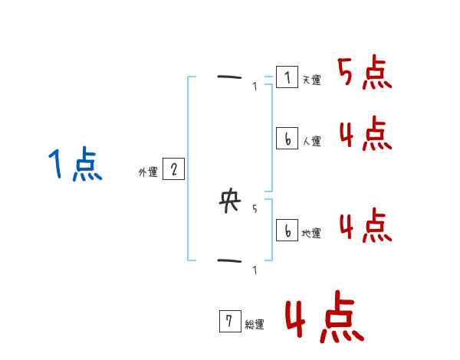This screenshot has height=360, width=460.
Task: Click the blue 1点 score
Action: click(75, 165)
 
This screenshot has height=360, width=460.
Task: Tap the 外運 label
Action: click(148, 172)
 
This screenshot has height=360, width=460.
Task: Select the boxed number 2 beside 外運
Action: click(173, 169)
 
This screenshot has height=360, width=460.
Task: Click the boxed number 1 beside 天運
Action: click(287, 77)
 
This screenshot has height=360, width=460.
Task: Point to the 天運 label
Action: click(311, 80)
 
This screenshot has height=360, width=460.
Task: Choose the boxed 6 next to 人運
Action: click(287, 139)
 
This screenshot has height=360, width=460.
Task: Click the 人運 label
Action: click(311, 141)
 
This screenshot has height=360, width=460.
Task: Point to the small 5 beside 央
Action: click(255, 208)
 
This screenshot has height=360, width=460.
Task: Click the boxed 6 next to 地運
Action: click(287, 230)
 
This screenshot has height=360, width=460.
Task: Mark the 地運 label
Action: click(311, 233)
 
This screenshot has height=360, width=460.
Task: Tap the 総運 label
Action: click(255, 325)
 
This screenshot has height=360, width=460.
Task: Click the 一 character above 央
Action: click(229, 77)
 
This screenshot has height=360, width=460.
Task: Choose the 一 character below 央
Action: click(229, 260)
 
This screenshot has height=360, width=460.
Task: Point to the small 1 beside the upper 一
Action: click(255, 87)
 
